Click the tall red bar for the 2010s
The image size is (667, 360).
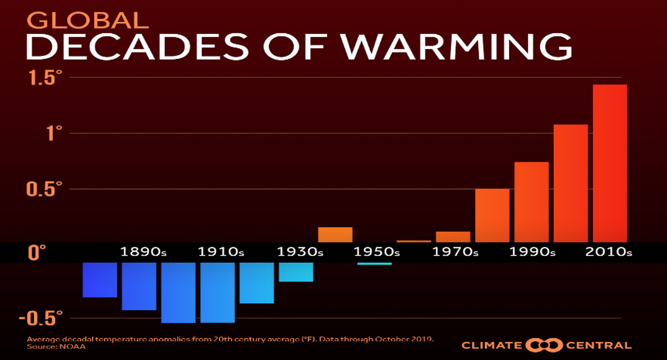(610, 163)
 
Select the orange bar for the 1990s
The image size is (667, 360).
(531, 202)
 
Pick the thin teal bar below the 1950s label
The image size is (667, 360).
(375, 263)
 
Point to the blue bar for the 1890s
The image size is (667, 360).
(139, 286)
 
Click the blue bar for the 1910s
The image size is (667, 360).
(217, 292)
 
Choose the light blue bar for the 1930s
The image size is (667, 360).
(296, 272)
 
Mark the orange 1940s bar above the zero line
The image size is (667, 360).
(335, 234)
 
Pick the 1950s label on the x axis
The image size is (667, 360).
(377, 252)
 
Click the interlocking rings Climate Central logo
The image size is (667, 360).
(544, 346)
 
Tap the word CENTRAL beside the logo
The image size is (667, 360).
(599, 346)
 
